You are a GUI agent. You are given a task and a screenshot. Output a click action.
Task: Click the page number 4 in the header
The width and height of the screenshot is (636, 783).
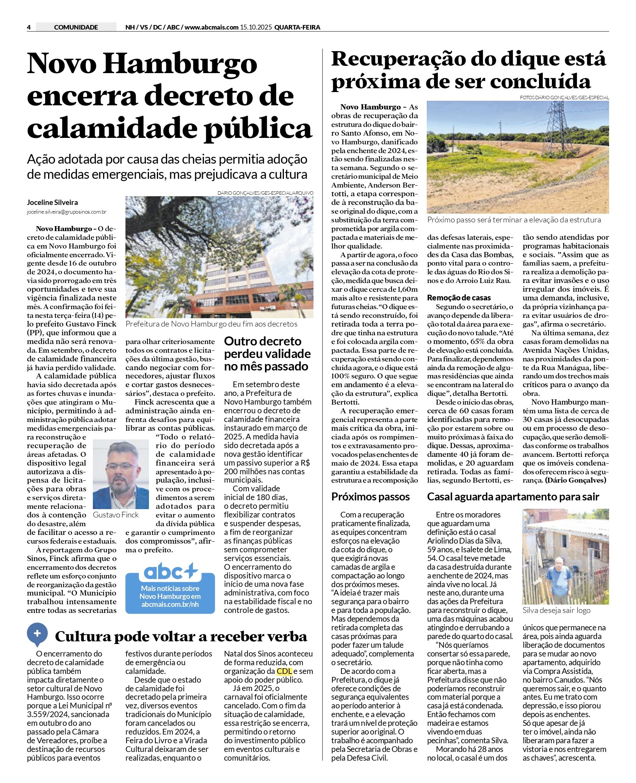pyautogui.click(x=29, y=27)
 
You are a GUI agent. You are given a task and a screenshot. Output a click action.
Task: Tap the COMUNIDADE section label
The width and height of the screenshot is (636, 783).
pyautogui.click(x=76, y=27)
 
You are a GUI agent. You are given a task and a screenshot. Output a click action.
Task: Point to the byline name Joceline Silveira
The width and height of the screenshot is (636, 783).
pyautogui.click(x=52, y=202)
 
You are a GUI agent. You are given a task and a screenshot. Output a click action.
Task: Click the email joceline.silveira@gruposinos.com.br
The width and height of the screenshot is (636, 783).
pyautogui.click(x=66, y=212)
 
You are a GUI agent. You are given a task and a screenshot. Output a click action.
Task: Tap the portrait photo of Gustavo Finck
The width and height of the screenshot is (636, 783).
pyautogui.click(x=121, y=474)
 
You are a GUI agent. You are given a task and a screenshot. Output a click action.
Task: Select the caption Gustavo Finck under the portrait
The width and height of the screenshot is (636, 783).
pyautogui.click(x=116, y=515)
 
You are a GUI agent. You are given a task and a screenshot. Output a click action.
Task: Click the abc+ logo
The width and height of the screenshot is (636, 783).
pyautogui.click(x=171, y=572)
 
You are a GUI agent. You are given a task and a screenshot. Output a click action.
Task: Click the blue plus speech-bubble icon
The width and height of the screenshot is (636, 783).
pyautogui.click(x=37, y=633)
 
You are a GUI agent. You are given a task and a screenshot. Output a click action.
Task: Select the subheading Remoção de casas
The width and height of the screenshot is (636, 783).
pyautogui.click(x=459, y=297)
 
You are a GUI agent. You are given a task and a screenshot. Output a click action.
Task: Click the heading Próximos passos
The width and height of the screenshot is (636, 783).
pyautogui.click(x=370, y=497)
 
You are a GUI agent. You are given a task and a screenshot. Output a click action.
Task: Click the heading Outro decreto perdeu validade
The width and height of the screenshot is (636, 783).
pyautogui.click(x=267, y=353)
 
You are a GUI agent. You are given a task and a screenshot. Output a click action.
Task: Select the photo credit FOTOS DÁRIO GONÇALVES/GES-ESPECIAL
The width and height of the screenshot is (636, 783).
pyautogui.click(x=564, y=97)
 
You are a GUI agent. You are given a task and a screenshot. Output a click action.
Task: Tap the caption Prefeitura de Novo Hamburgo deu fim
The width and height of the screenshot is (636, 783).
pyautogui.click(x=211, y=324)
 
